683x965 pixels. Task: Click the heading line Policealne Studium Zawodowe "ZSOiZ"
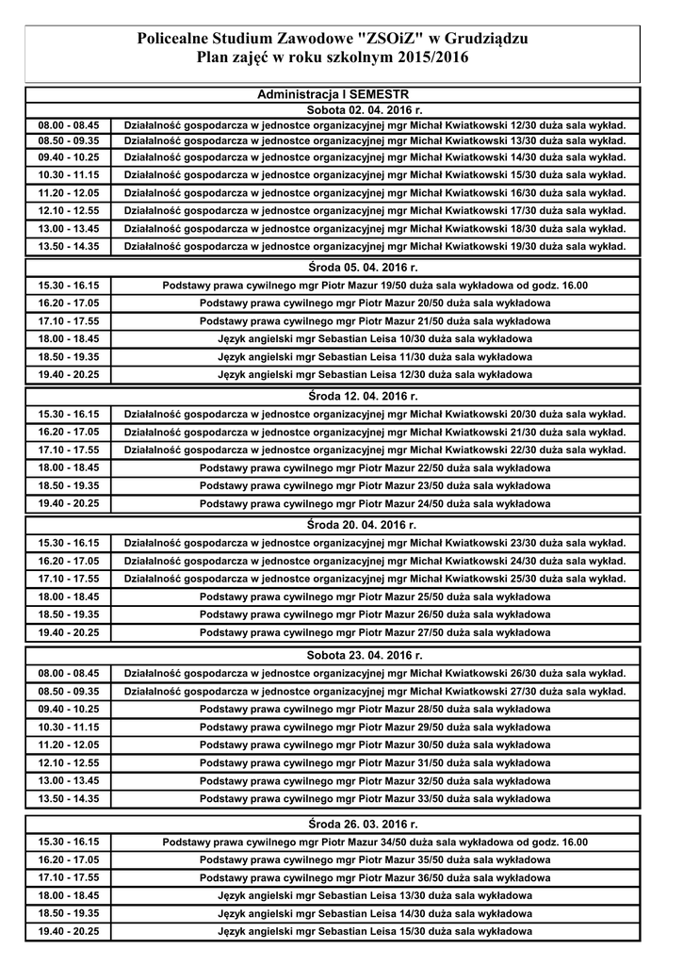tap(333, 39)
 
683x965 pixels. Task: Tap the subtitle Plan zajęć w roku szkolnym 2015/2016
tap(333, 58)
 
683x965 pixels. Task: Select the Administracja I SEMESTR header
tap(333, 95)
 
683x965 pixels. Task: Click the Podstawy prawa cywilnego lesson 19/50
tap(375, 285)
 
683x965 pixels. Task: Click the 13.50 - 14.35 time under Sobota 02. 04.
tap(69, 246)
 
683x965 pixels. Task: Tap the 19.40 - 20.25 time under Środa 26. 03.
tap(69, 931)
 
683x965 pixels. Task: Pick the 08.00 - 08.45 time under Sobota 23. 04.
tap(69, 673)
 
